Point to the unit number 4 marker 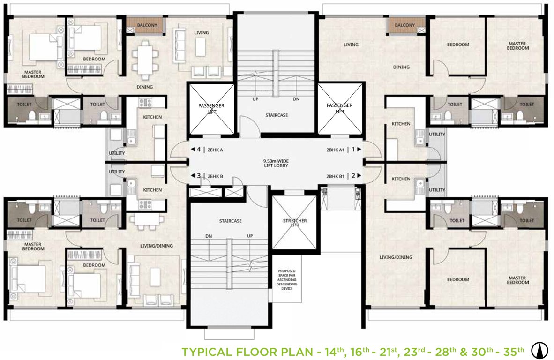tap(199, 150)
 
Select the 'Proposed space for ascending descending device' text tap(286, 280)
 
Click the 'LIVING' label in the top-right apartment tap(351, 45)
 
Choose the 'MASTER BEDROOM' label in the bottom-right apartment tap(517, 280)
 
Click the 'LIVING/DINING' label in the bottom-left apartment tap(157, 246)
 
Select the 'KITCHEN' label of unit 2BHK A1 tap(401, 124)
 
